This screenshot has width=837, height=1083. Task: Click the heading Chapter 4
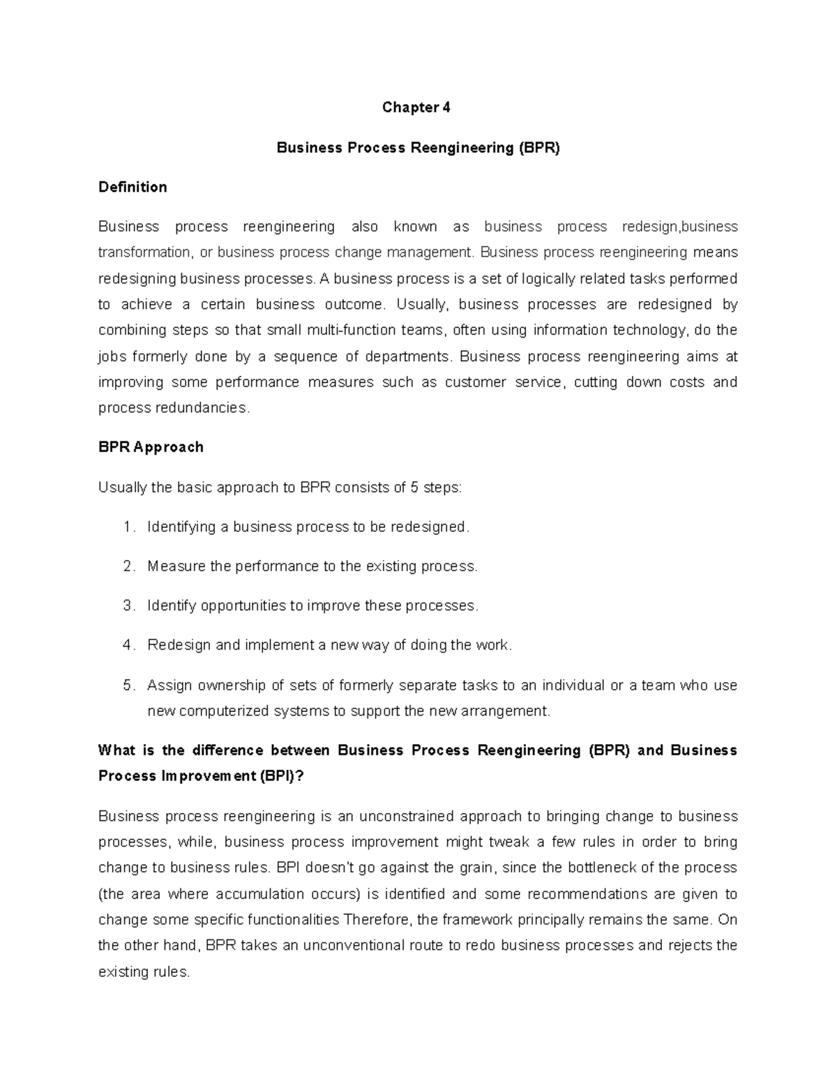point(417,107)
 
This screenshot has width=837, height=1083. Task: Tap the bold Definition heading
point(133,187)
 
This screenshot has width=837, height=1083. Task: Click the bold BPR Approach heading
point(151,447)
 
